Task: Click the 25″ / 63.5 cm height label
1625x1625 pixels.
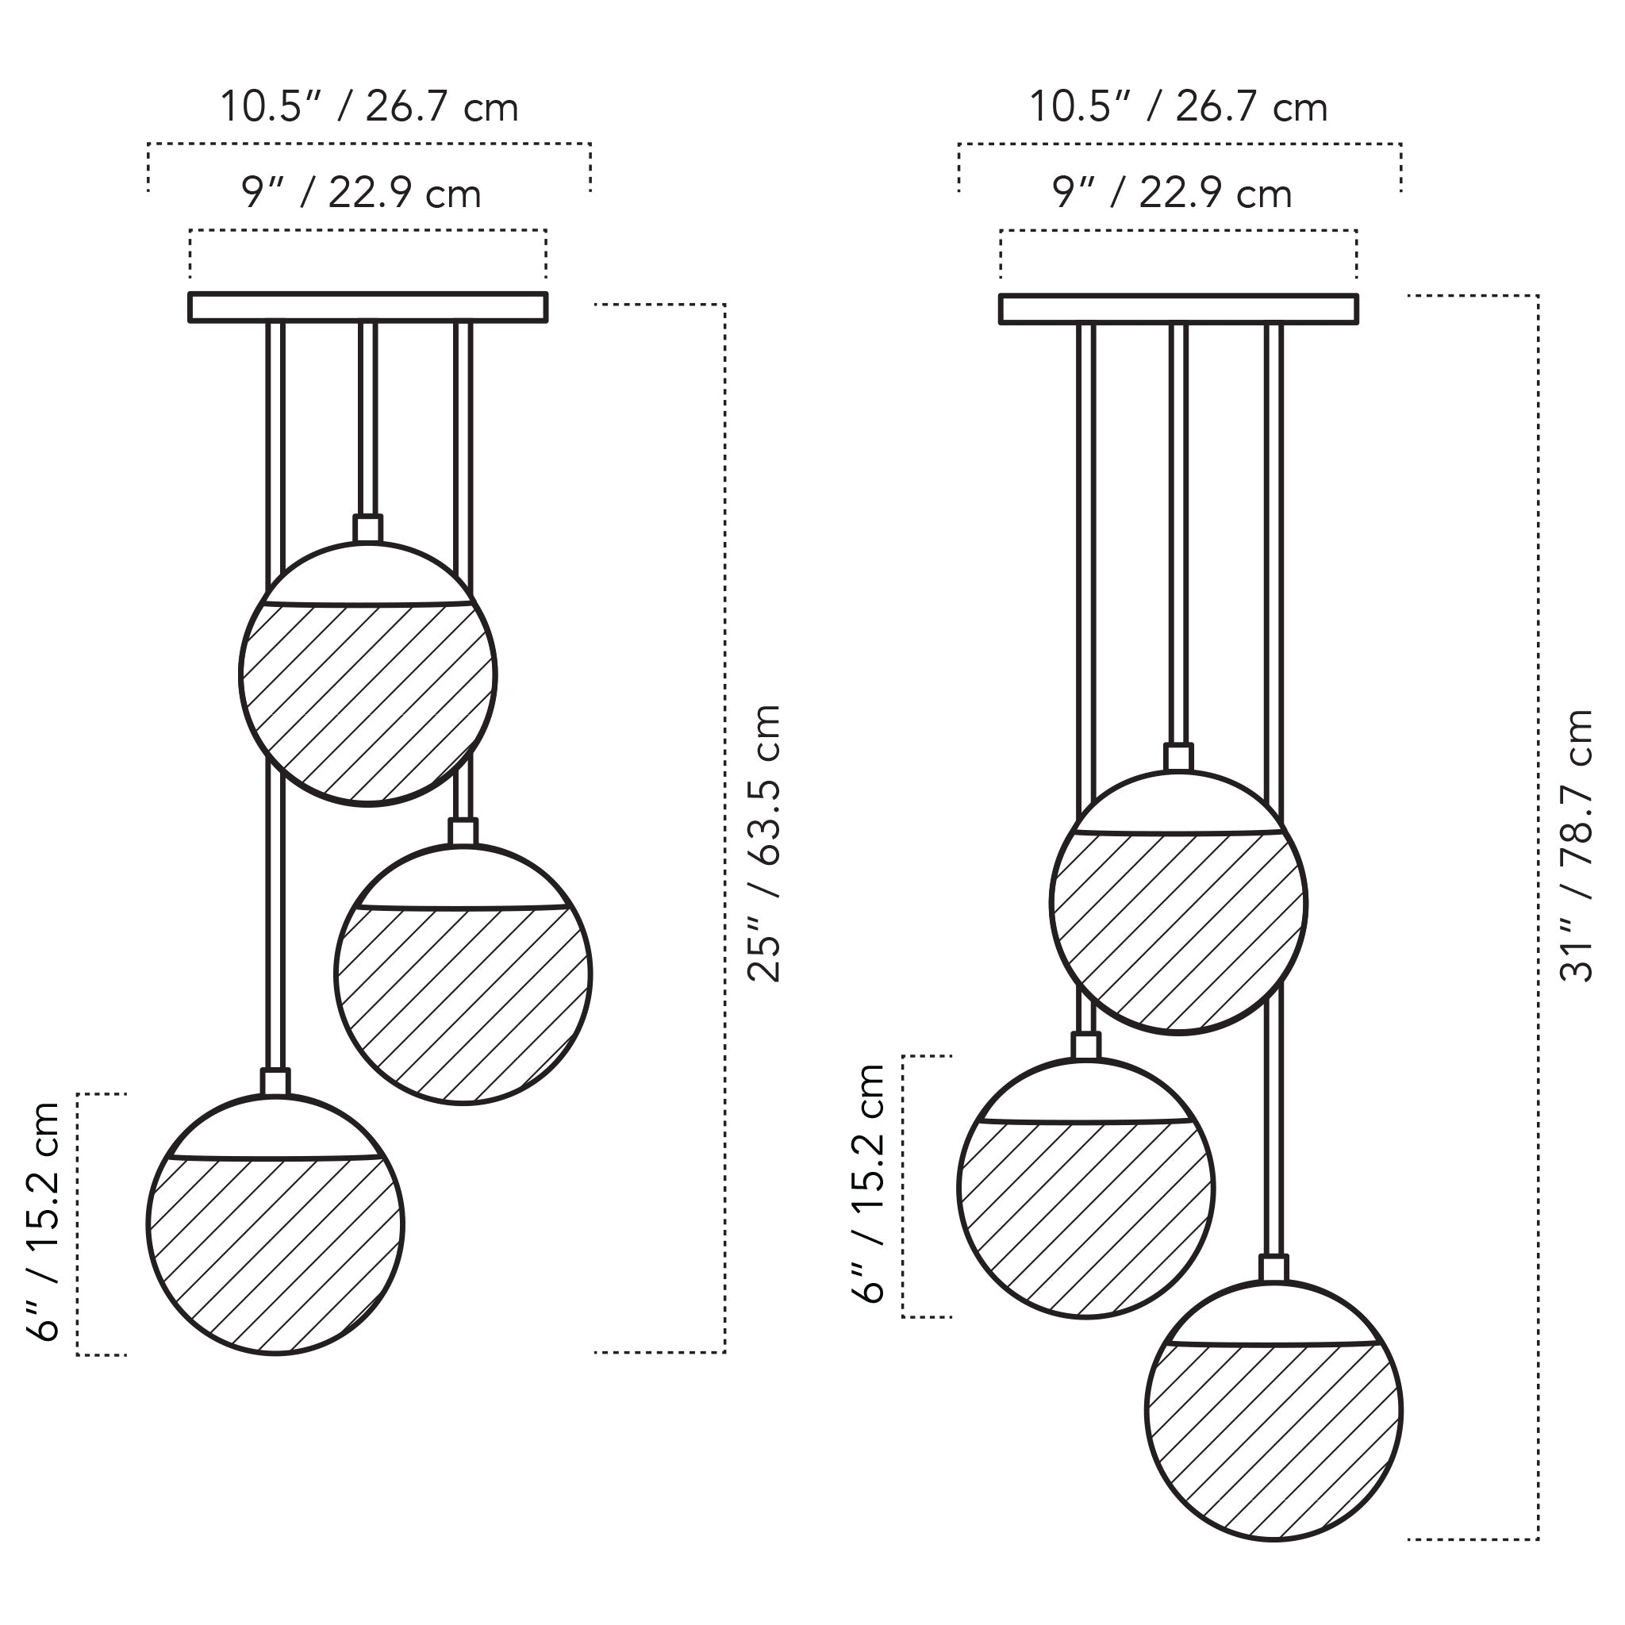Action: click(765, 843)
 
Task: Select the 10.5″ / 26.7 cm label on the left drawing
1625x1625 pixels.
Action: click(368, 107)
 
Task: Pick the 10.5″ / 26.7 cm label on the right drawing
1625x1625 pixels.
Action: click(1178, 107)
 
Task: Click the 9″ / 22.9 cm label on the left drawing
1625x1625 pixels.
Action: click(362, 194)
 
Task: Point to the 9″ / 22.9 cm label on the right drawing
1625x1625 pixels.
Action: click(1172, 194)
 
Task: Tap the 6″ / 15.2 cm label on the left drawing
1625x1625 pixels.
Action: click(42, 1221)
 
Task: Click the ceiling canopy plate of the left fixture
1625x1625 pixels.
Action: click(368, 307)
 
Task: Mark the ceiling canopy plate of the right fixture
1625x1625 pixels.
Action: click(1178, 309)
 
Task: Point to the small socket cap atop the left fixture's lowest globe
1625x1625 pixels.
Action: click(275, 1081)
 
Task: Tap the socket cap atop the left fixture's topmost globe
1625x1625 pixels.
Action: click(367, 529)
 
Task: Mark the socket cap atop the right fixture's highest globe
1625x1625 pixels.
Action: click(1178, 757)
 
